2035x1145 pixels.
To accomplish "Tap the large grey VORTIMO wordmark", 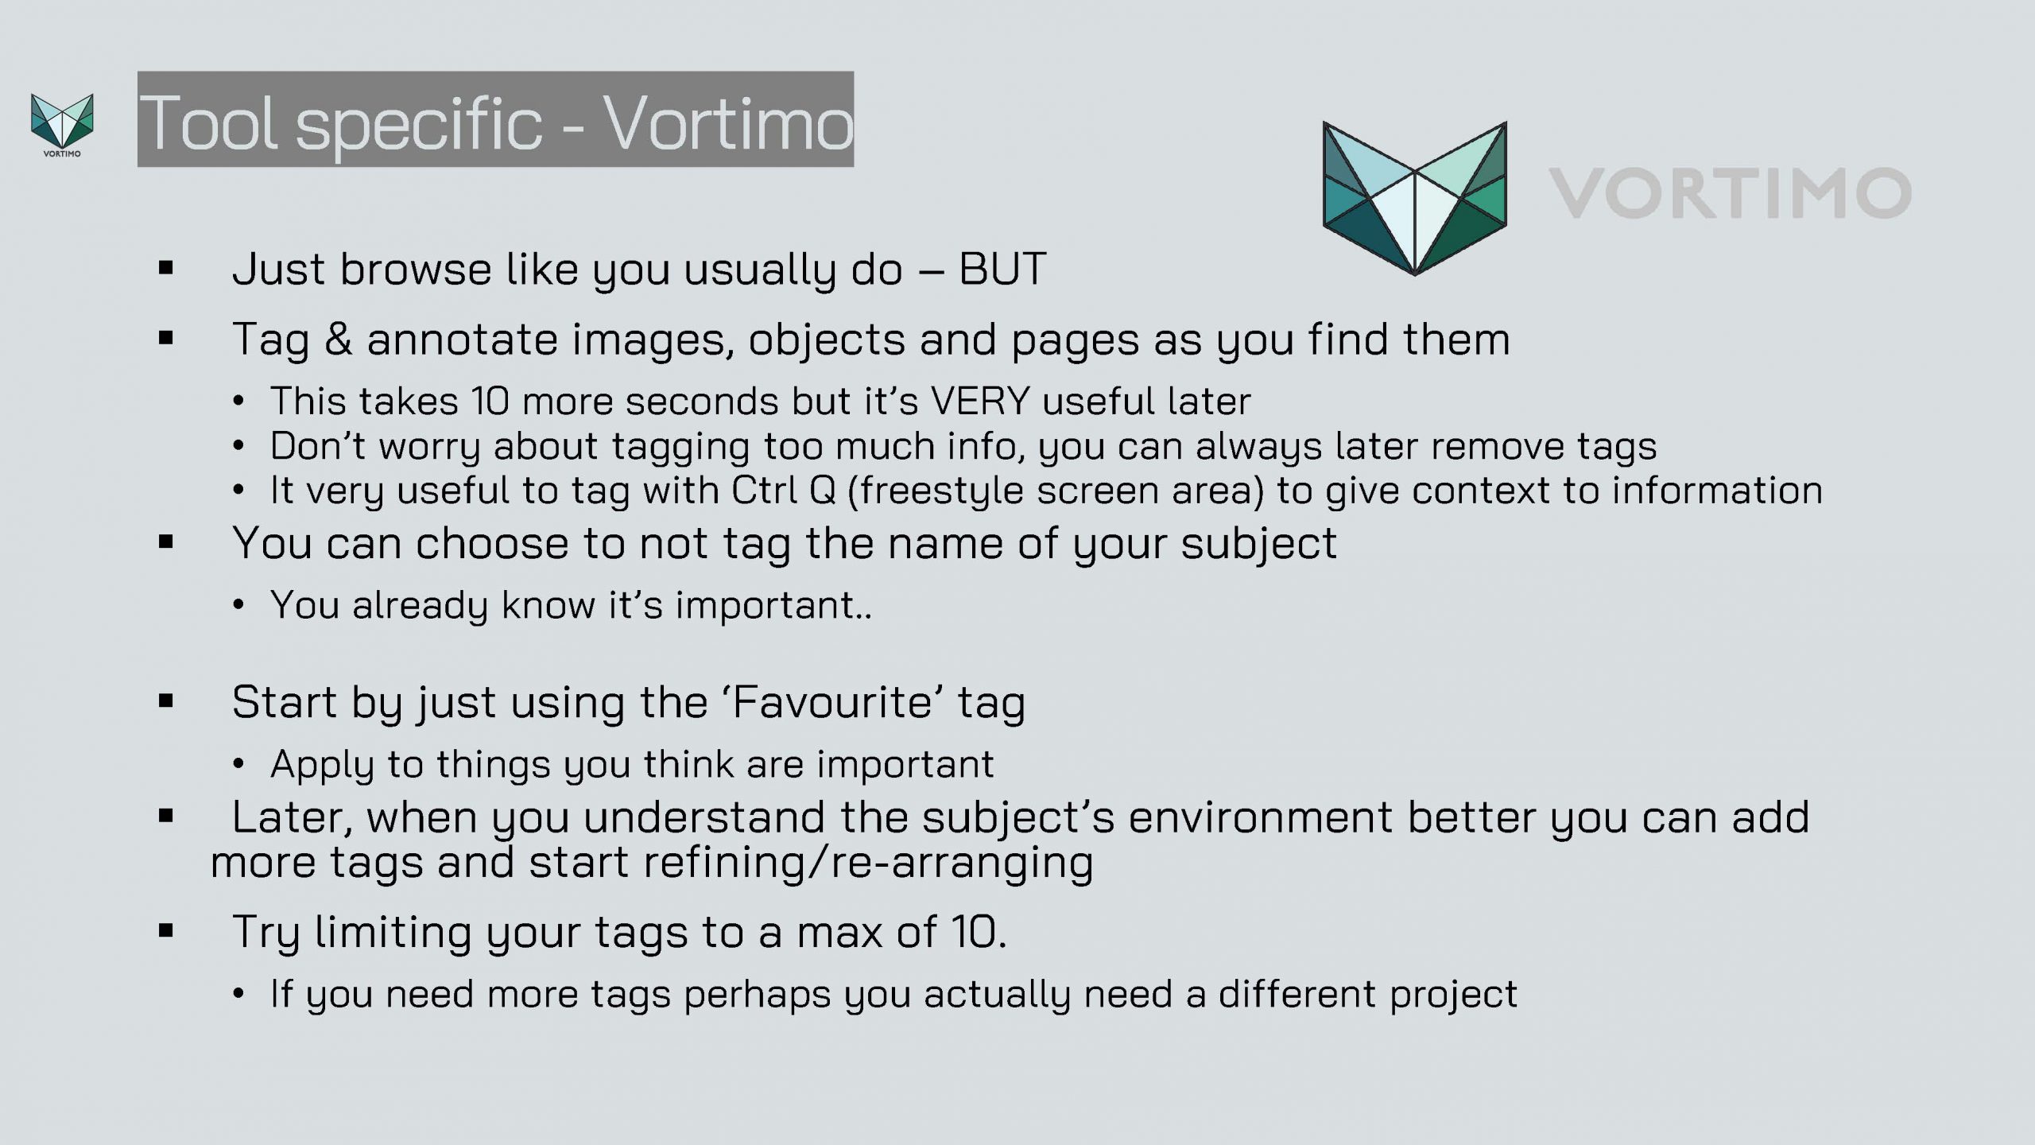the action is (x=1730, y=193).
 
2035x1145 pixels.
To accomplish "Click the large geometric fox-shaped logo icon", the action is (x=1415, y=199).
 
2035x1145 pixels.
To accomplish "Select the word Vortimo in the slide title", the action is (x=728, y=122).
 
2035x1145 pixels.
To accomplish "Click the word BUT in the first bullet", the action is (x=1002, y=269).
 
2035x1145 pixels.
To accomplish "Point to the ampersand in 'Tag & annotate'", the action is (x=338, y=340).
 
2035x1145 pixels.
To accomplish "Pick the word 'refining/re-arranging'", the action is (x=868, y=863).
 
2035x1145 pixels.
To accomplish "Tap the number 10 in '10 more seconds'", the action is (x=490, y=401).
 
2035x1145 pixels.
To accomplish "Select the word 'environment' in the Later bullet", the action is (x=1260, y=817).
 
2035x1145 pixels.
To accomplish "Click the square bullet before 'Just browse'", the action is (x=165, y=268).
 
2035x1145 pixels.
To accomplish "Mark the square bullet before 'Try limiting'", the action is (x=165, y=930).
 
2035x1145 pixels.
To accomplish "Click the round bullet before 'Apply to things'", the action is (x=238, y=765).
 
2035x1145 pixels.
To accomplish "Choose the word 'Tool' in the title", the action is (x=209, y=122).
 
